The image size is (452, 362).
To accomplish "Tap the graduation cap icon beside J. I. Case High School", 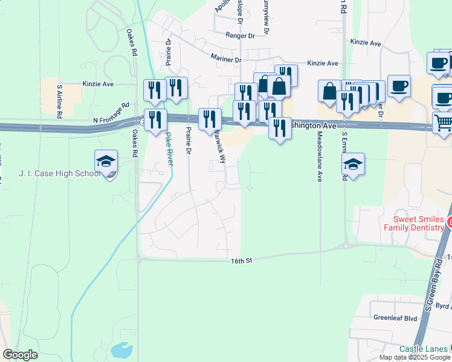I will pyautogui.click(x=106, y=162).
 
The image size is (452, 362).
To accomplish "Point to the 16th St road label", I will pyautogui.click(x=240, y=260).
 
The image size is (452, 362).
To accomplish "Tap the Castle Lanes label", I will pyautogui.click(x=423, y=349).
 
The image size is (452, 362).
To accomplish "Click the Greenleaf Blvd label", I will pyautogui.click(x=395, y=318).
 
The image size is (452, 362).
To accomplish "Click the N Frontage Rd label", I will pyautogui.click(x=112, y=113).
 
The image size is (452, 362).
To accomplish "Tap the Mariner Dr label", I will pyautogui.click(x=226, y=59).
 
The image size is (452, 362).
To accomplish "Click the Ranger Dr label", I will pyautogui.click(x=240, y=36).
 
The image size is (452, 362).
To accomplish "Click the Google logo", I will pyautogui.click(x=20, y=355).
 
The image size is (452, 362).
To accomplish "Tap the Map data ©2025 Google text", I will pyautogui.click(x=415, y=357).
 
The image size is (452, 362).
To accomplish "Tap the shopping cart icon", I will pyautogui.click(x=444, y=122).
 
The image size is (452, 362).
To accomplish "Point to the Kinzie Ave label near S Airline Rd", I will pyautogui.click(x=98, y=84).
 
